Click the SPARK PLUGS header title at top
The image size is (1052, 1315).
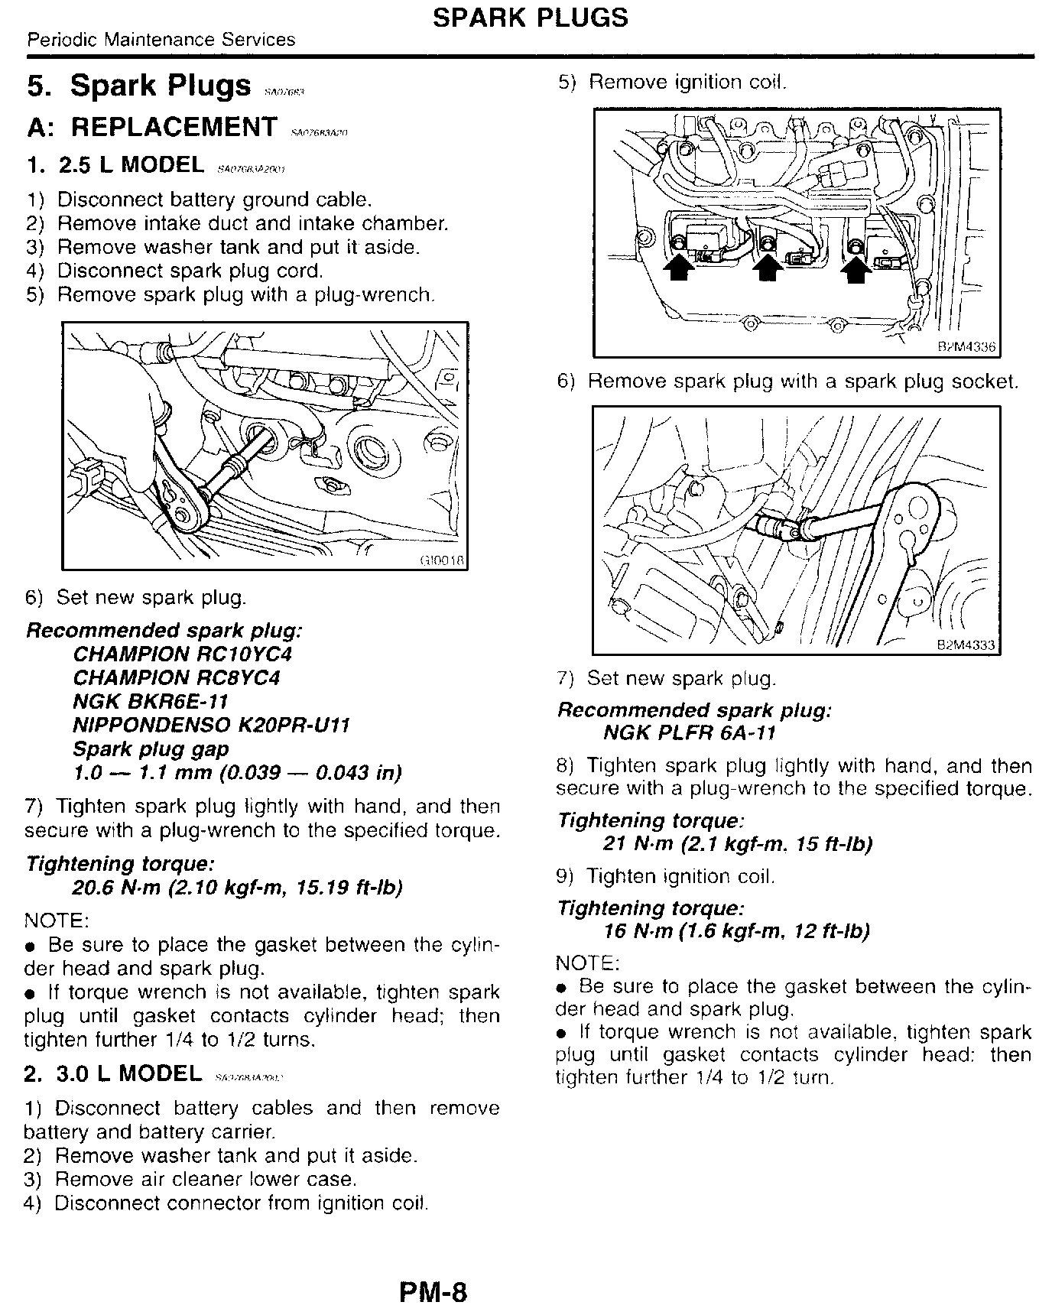[530, 17]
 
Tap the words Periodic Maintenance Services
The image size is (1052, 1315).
[161, 40]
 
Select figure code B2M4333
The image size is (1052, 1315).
[966, 645]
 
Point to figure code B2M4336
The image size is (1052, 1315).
[966, 347]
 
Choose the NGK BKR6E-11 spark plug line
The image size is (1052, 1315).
[151, 702]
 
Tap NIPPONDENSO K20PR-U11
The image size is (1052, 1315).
[211, 726]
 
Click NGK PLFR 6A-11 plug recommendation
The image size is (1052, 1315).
[689, 734]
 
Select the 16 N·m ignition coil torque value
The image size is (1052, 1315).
[638, 931]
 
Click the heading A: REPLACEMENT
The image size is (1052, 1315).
[151, 127]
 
